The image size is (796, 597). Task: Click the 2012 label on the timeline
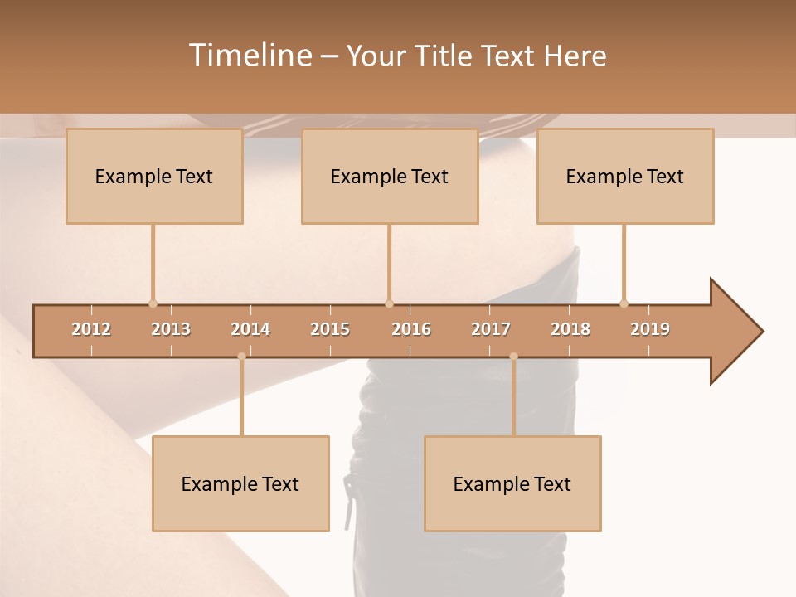tap(91, 329)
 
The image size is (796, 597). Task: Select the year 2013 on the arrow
tap(171, 329)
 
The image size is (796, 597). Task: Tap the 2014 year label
tap(250, 329)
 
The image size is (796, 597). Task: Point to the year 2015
tap(330, 329)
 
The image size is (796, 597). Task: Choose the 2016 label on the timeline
tap(411, 329)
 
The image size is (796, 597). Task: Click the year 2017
tap(491, 329)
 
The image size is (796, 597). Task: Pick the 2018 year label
tap(570, 329)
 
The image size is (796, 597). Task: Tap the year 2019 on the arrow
tap(650, 329)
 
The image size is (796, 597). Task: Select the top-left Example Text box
tap(154, 177)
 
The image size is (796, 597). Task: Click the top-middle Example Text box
tap(390, 177)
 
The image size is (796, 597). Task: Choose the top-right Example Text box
tap(625, 177)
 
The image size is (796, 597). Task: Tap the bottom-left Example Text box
tap(240, 484)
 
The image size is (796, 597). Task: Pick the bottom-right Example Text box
tap(512, 484)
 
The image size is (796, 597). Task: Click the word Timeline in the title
tap(249, 56)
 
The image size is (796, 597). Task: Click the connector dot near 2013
tap(153, 303)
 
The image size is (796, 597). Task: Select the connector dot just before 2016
tap(389, 303)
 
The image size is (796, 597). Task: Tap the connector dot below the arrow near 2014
tap(241, 357)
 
